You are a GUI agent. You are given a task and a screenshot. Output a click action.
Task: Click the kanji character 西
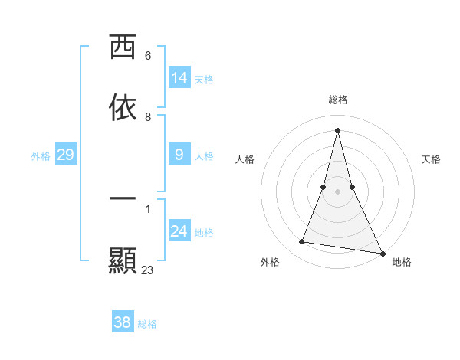pyautogui.click(x=123, y=47)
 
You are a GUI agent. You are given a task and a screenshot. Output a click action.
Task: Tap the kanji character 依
pyautogui.click(x=123, y=109)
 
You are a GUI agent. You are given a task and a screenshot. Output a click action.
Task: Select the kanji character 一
pyautogui.click(x=123, y=198)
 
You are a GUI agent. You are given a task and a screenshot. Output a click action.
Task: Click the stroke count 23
pyautogui.click(x=148, y=270)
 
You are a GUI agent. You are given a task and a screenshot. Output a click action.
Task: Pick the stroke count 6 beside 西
pyautogui.click(x=148, y=56)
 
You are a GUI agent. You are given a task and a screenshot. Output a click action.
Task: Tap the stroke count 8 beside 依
pyautogui.click(x=148, y=117)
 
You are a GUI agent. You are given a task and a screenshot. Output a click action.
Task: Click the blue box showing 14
pyautogui.click(x=179, y=78)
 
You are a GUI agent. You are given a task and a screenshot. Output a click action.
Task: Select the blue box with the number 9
pyautogui.click(x=179, y=155)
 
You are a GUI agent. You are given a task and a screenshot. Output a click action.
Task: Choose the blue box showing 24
pyautogui.click(x=179, y=231)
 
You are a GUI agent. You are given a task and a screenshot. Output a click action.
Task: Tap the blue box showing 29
pyautogui.click(x=66, y=155)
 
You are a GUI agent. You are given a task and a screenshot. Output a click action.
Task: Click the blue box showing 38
pyautogui.click(x=123, y=322)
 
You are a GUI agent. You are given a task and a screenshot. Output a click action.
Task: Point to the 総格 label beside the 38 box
pyautogui.click(x=147, y=324)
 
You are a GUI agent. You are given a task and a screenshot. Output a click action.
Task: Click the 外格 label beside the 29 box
pyautogui.click(x=41, y=156)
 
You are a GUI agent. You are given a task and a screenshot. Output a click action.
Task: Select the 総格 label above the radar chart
pyautogui.click(x=338, y=100)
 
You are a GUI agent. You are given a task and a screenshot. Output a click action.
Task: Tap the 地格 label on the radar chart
pyautogui.click(x=402, y=262)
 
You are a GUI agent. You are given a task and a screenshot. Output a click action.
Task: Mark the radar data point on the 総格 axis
pyautogui.click(x=338, y=130)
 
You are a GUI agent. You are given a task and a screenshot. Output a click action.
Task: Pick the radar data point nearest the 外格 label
pyautogui.click(x=301, y=242)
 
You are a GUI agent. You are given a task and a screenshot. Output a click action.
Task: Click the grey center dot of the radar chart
pyautogui.click(x=338, y=191)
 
